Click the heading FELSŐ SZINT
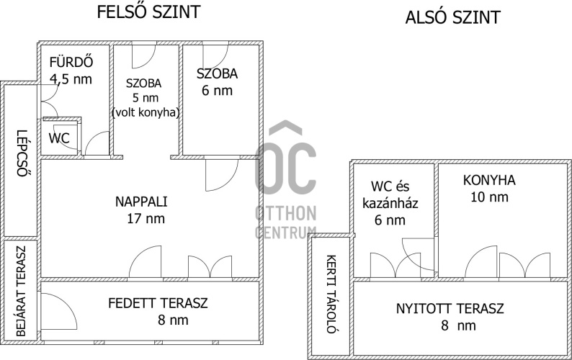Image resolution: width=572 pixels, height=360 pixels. point(149,12)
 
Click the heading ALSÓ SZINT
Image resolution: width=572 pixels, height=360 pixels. point(452,17)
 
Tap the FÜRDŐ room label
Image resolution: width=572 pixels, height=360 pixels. point(71,62)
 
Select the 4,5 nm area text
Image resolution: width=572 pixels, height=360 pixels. point(71,79)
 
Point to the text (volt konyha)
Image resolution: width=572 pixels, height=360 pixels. point(146,112)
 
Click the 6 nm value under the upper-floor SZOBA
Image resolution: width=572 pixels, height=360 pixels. point(217,91)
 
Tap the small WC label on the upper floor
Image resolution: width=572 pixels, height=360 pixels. point(59,138)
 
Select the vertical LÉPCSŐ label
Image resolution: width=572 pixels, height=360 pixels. point(22,153)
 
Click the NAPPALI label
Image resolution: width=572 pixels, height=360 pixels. point(141,202)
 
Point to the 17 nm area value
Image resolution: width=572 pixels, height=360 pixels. point(146,218)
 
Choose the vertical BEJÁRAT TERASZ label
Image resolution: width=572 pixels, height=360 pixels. point(22,291)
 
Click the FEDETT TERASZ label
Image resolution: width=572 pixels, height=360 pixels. point(158,303)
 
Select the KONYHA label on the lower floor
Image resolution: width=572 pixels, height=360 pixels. point(489,180)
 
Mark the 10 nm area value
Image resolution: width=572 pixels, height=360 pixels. point(489,197)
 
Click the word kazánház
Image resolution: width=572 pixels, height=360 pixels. point(390,203)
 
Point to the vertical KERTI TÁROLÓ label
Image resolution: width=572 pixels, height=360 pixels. point(331,294)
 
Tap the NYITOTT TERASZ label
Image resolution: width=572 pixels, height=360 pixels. point(450,309)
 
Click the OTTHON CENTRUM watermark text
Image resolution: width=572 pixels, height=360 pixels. point(285,222)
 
